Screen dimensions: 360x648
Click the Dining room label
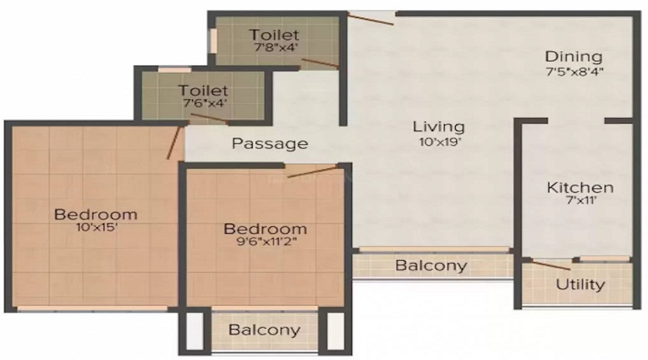pos(573,56)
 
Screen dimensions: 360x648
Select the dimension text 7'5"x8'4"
pos(573,71)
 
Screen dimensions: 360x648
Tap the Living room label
pos(438,127)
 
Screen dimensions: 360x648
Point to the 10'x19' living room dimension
pos(438,142)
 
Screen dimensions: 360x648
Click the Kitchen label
pos(580,188)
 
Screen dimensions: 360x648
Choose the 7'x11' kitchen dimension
pos(580,202)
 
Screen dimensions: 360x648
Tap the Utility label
pos(580,284)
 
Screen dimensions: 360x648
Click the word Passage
pos(269,143)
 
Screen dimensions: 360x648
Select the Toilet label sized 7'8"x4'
pos(274,35)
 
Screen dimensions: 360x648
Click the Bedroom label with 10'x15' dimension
pos(96,214)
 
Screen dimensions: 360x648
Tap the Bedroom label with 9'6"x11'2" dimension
pos(265,229)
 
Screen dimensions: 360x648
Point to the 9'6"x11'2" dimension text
pos(265,243)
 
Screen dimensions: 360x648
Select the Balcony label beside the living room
pos(431,266)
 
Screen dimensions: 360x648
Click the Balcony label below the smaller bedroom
pos(264,330)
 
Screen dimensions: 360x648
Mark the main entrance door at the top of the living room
pos(371,17)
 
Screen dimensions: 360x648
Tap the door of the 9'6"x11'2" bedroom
pos(312,171)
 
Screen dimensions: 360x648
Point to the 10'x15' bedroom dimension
pos(96,229)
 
